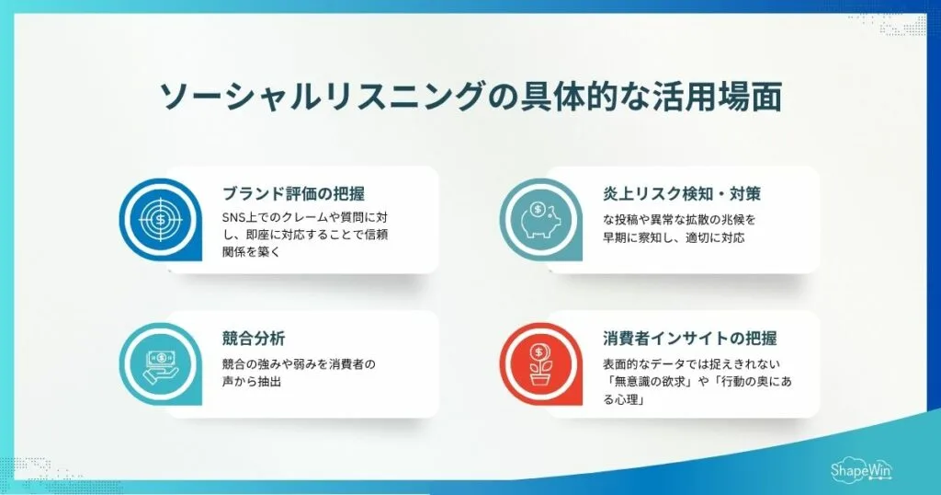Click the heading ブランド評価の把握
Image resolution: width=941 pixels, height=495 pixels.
[x=293, y=194]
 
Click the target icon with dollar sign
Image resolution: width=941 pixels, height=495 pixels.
[x=160, y=221]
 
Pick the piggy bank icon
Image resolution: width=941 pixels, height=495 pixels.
[x=540, y=223]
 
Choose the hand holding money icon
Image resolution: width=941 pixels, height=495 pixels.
[x=160, y=364]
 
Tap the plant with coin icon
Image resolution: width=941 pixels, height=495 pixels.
[x=540, y=365]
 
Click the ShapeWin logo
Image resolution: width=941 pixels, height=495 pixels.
[x=860, y=469]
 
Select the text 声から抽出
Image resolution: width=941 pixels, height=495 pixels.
[x=251, y=380]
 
